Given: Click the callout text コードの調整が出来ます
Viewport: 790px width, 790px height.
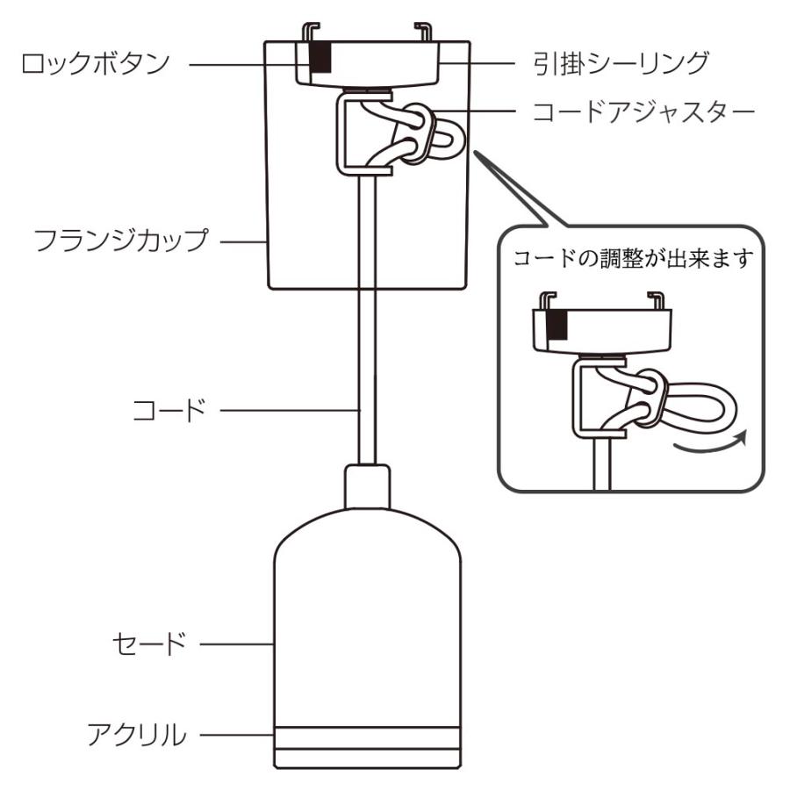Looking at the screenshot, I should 629,262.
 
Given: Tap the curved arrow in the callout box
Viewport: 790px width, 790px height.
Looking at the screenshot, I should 710,444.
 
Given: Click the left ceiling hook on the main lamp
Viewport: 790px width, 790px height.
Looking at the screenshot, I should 308,32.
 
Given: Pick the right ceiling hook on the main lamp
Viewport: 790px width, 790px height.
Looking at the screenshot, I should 423,32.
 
